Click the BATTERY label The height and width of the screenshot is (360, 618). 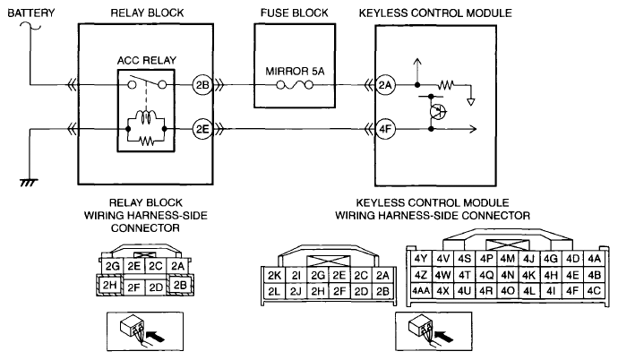(31, 13)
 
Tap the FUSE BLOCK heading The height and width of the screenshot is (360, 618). (294, 13)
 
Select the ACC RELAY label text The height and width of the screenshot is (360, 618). (147, 60)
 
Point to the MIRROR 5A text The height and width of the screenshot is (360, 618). (295, 72)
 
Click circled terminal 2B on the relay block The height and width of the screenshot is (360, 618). (202, 85)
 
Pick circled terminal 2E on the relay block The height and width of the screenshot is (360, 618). (202, 129)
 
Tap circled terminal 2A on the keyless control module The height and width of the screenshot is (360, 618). (385, 85)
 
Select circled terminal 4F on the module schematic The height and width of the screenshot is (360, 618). (385, 129)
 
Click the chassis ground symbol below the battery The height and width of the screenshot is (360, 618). (30, 183)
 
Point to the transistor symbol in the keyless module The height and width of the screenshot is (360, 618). (437, 112)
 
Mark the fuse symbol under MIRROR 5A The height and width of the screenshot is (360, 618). (295, 85)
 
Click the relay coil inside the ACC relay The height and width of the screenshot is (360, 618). (146, 116)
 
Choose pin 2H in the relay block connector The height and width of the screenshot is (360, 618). (109, 285)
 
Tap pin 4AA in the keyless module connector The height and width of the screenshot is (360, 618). (421, 291)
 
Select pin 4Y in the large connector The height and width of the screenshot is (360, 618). (421, 259)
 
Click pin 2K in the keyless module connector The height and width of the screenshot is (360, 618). (274, 275)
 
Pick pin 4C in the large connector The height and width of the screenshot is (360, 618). (594, 291)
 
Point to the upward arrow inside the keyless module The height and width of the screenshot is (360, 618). (417, 72)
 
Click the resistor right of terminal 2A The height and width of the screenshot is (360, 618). (446, 84)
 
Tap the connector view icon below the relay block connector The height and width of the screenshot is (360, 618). (145, 331)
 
